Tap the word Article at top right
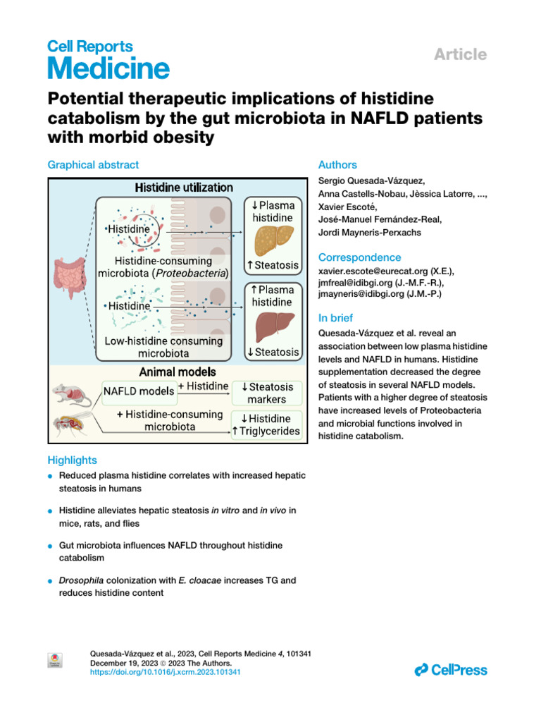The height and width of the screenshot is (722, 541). (x=459, y=54)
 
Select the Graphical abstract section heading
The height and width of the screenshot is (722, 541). (x=93, y=164)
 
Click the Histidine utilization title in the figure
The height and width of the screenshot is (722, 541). (x=184, y=188)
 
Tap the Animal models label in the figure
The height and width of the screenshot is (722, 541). (x=178, y=371)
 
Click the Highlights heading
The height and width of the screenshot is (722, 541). (x=72, y=460)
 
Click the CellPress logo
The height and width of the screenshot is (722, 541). (x=451, y=670)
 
